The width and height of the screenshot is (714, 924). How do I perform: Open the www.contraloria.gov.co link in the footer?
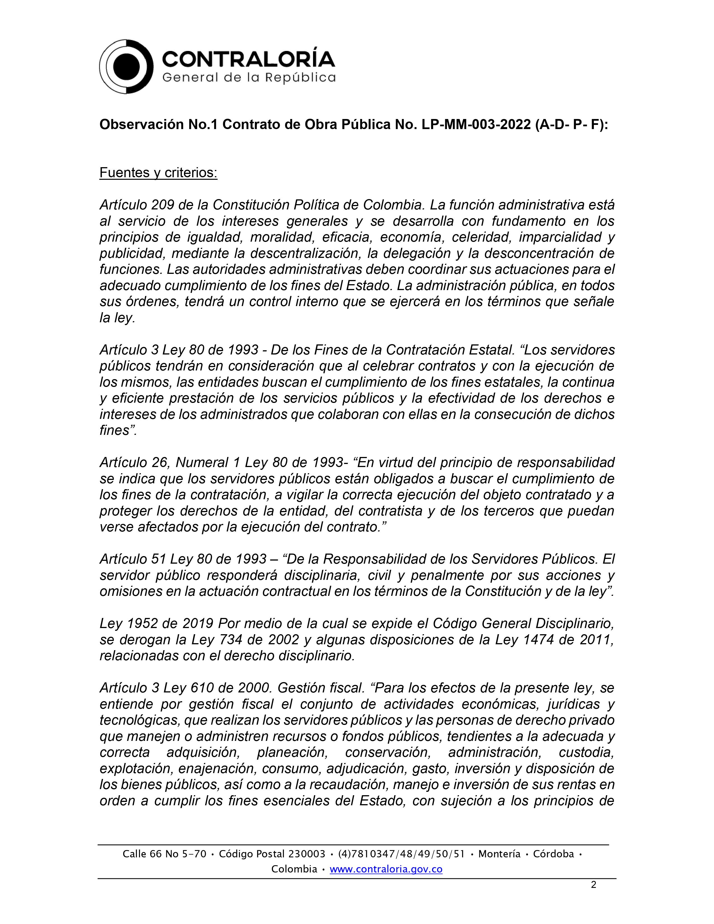386,869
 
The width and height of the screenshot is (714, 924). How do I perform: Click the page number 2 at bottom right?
593,885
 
